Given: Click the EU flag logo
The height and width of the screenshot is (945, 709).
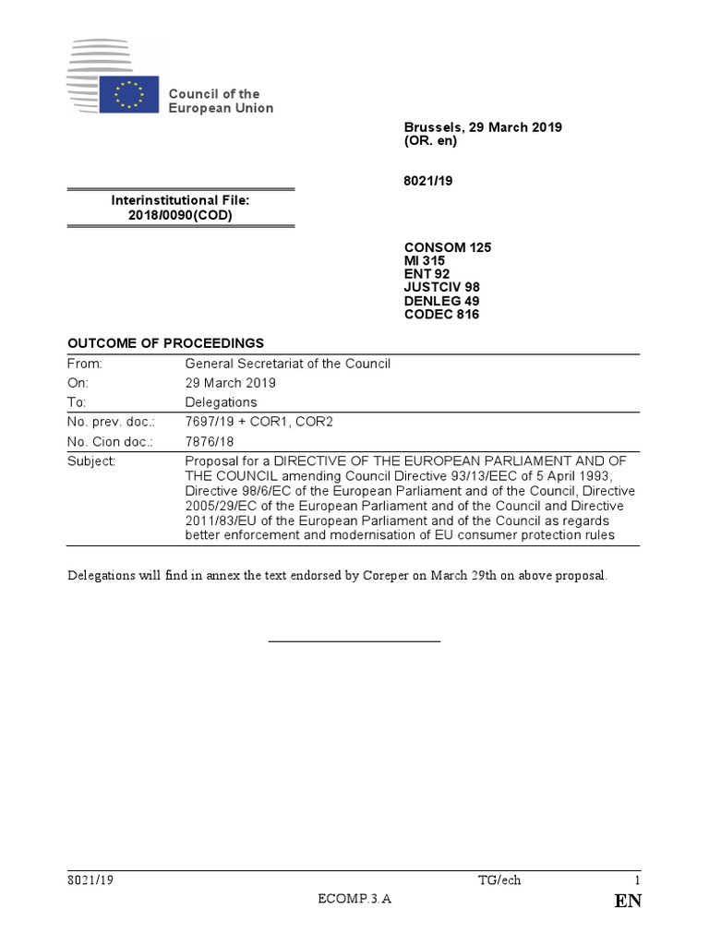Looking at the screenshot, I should tap(127, 95).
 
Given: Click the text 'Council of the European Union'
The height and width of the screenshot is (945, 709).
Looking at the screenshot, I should tap(220, 101).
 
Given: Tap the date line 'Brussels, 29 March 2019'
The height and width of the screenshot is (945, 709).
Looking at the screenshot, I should tap(483, 127).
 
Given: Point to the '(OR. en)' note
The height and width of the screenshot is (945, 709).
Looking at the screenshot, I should tap(430, 141).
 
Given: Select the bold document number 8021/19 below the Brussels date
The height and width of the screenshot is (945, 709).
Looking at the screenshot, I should tap(428, 183).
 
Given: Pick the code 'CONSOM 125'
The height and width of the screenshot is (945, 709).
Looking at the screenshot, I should tap(448, 247).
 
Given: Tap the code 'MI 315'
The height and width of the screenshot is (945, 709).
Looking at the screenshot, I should tap(425, 261).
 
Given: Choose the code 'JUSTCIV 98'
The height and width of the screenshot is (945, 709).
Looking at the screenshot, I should tap(442, 287).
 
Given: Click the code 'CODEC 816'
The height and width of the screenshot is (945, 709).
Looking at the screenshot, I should tap(441, 314).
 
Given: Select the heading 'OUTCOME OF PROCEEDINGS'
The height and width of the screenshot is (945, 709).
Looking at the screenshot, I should tap(166, 342).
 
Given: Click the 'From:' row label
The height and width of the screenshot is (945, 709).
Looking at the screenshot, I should tap(85, 364).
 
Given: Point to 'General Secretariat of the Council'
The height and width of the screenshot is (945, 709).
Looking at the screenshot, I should tap(288, 364).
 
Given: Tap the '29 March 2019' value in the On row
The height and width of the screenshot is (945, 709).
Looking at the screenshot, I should tap(230, 383).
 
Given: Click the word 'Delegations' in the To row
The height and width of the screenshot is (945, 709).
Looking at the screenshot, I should tap(222, 402).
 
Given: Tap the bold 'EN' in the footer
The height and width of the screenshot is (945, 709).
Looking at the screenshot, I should tap(627, 902).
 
